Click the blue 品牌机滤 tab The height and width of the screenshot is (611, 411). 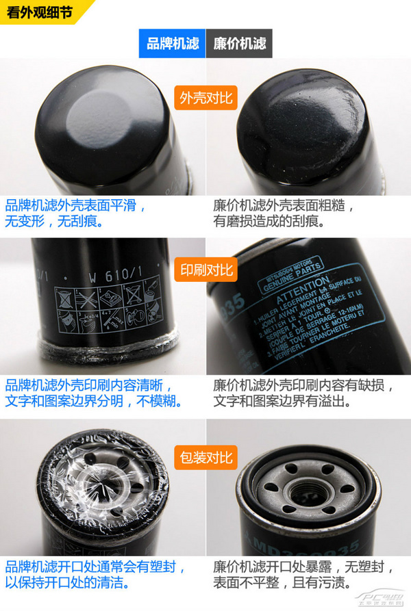173,44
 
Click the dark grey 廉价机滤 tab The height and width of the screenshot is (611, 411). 239,44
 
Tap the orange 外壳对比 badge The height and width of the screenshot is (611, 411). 206,98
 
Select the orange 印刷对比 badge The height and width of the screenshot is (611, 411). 206,269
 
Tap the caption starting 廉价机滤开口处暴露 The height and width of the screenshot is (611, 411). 303,575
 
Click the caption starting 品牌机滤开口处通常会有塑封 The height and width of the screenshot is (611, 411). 96,575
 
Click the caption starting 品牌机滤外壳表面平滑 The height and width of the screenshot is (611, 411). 75,213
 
